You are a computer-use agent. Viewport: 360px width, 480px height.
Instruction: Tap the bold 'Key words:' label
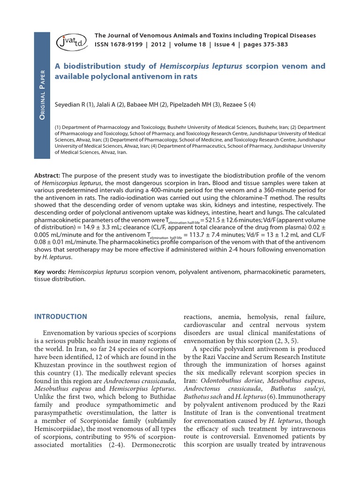[50, 272]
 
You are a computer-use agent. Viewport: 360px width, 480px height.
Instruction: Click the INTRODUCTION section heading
[60, 316]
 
